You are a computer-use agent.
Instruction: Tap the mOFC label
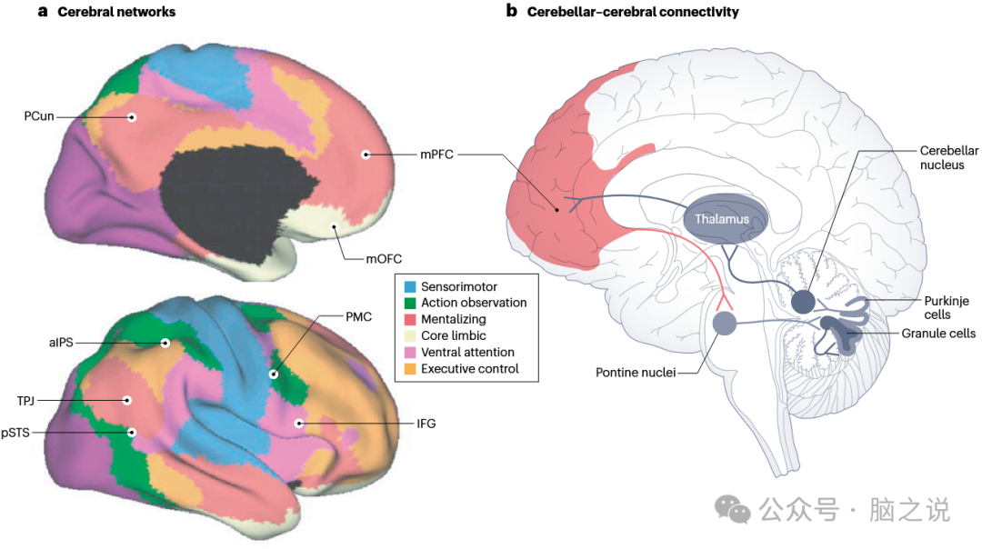384,258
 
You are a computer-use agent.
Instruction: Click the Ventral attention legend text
467,352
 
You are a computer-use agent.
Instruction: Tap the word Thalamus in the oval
722,219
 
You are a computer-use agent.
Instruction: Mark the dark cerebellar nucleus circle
803,302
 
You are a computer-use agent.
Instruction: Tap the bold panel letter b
511,12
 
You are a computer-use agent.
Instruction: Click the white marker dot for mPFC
366,155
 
